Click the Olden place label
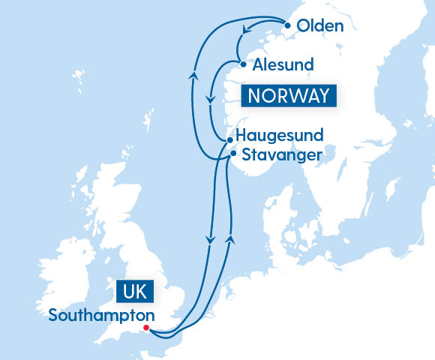pyautogui.click(x=319, y=26)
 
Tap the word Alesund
pyautogui.click(x=283, y=64)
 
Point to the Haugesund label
pyautogui.click(x=279, y=136)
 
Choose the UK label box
pyautogui.click(x=131, y=290)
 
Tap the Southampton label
pyautogui.click(x=101, y=315)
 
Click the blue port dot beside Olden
pyautogui.click(x=288, y=25)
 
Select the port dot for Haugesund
pyautogui.click(x=229, y=139)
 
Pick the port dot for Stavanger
pyautogui.click(x=233, y=153)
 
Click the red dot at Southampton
pyautogui.click(x=145, y=328)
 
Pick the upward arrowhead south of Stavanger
pyautogui.click(x=230, y=238)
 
